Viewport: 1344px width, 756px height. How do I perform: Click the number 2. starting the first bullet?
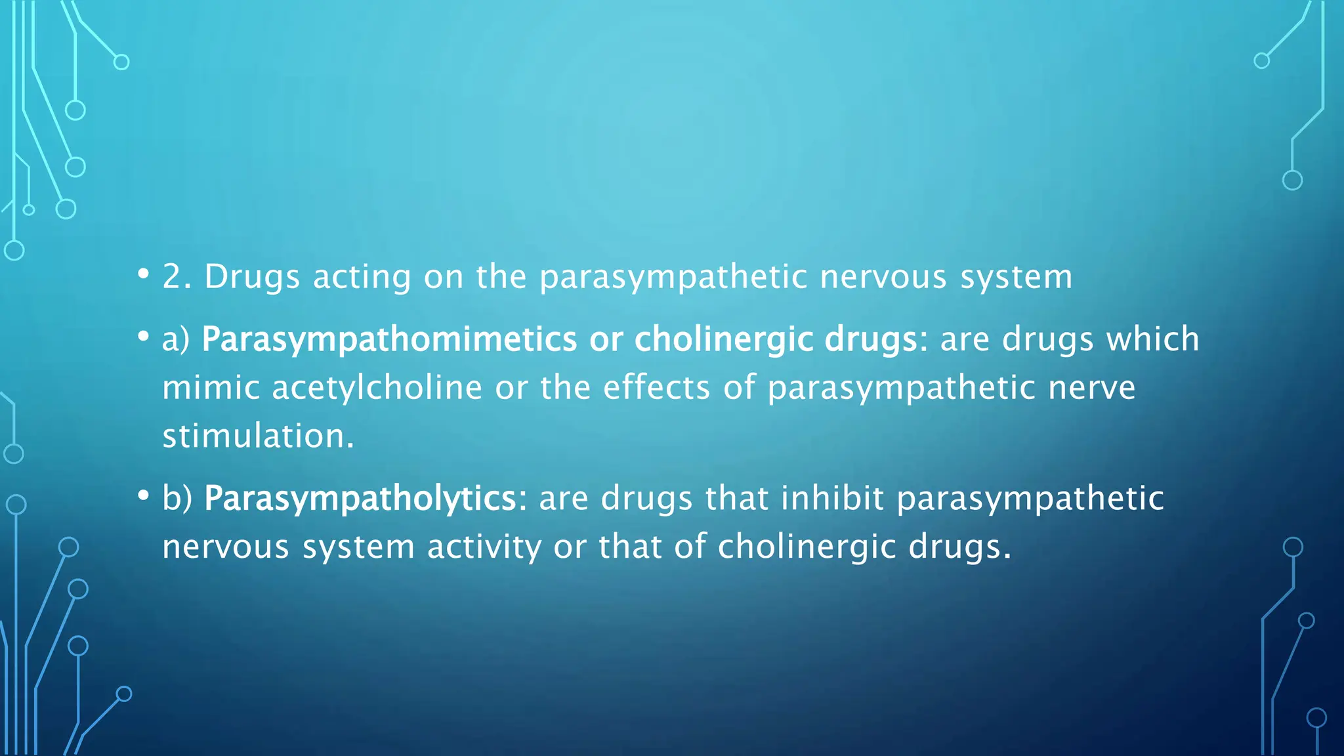(177, 277)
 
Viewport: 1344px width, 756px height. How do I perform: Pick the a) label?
(175, 340)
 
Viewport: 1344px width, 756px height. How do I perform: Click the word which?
(1152, 340)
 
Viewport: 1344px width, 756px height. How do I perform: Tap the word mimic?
(211, 388)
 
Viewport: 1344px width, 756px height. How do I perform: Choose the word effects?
(656, 388)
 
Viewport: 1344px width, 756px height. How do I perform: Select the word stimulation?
(258, 436)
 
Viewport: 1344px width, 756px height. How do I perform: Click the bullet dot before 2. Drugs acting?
(143, 273)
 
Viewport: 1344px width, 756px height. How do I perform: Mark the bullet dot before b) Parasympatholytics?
(143, 495)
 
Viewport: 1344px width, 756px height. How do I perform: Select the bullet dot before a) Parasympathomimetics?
(143, 337)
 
